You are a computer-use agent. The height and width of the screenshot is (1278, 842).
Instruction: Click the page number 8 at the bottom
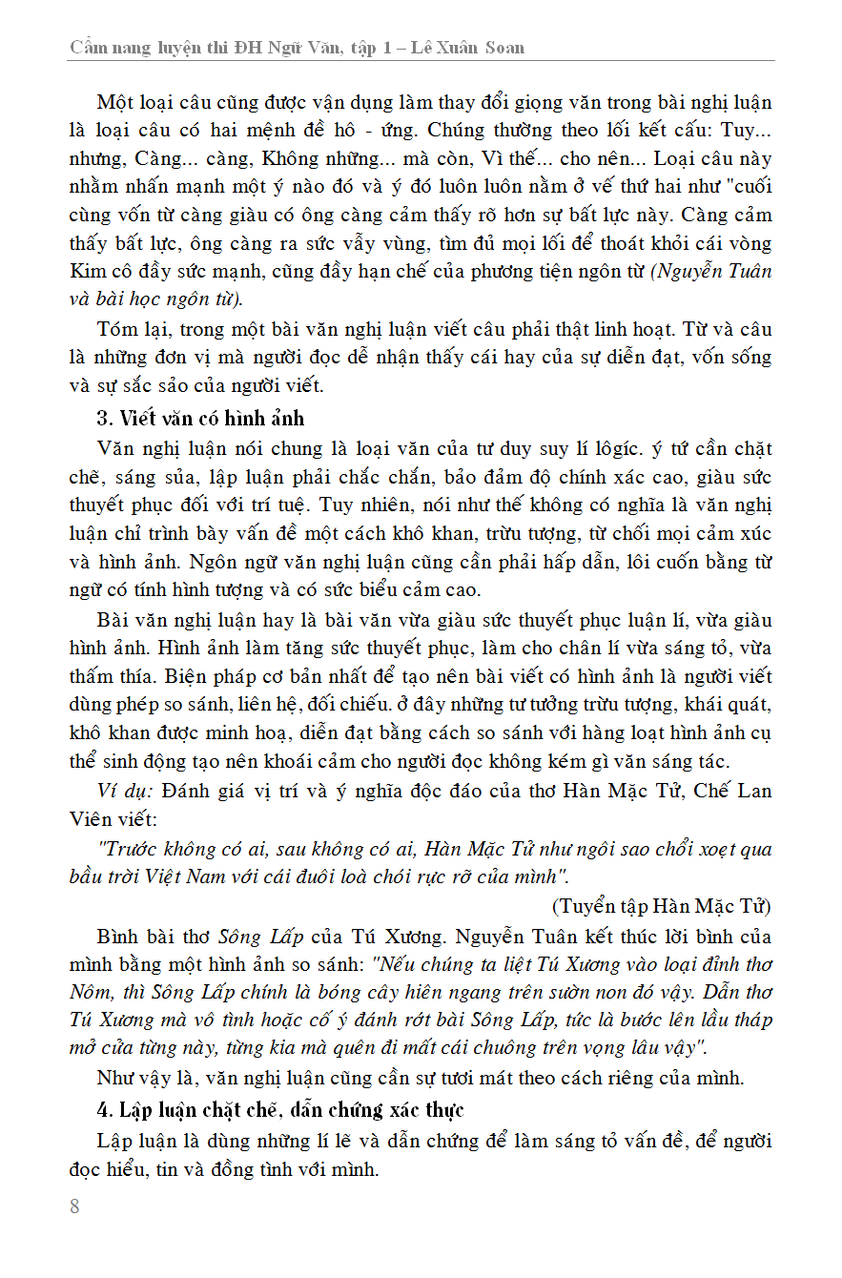74,1206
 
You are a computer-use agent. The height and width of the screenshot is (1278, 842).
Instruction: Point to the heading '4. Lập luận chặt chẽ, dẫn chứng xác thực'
280,1109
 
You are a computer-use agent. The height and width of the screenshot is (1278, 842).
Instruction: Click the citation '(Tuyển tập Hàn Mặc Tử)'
661,905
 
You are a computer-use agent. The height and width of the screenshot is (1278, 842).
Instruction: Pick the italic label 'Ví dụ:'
126,791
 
